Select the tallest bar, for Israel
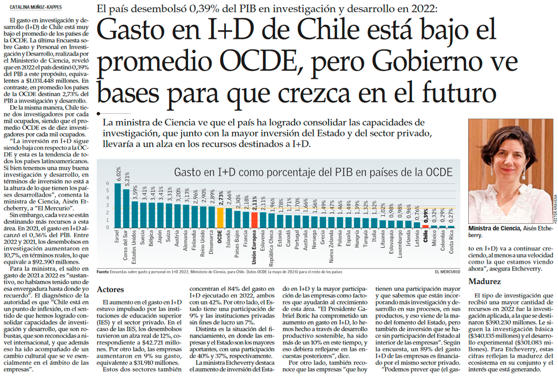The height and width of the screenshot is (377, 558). point(118,205)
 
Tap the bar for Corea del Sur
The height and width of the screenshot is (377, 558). point(126,209)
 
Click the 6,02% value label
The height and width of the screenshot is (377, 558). point(118,174)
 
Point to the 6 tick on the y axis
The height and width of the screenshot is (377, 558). point(108,183)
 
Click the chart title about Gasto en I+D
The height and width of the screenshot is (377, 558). point(313,172)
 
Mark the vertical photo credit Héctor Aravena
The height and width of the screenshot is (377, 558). point(555,208)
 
